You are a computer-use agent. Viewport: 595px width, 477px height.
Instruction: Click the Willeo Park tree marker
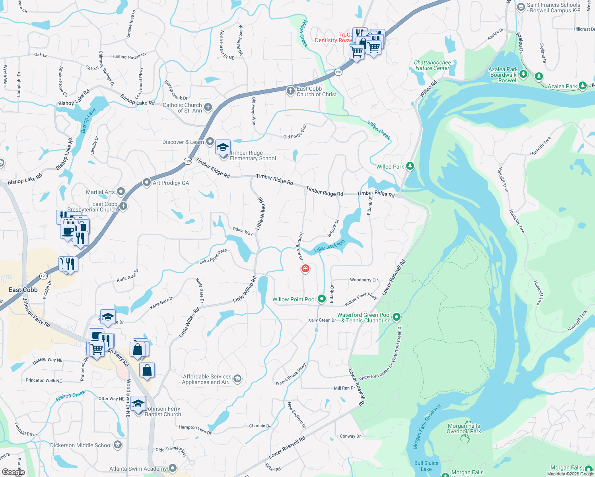pyautogui.click(x=410, y=166)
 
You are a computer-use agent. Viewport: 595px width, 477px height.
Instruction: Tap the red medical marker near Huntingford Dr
pyautogui.click(x=305, y=269)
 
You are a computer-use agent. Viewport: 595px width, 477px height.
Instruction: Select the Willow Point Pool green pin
pyautogui.click(x=322, y=299)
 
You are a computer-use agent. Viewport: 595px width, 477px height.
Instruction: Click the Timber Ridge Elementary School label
pyautogui.click(x=253, y=155)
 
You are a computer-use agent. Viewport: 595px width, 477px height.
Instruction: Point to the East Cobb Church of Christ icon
pyautogui.click(x=291, y=91)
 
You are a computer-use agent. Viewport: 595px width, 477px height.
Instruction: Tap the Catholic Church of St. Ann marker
pyautogui.click(x=208, y=107)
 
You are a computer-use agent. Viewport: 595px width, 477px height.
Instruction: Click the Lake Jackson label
pyautogui.click(x=329, y=246)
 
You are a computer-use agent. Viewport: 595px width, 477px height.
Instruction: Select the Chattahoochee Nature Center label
pyautogui.click(x=432, y=66)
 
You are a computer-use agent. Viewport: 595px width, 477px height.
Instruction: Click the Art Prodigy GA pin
pyautogui.click(x=147, y=182)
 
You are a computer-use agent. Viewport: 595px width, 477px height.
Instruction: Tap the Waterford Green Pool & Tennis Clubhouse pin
pyautogui.click(x=396, y=317)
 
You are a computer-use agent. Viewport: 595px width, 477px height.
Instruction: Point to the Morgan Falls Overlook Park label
pyautogui.click(x=464, y=429)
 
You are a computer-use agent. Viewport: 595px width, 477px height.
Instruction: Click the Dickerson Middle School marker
pyautogui.click(x=118, y=445)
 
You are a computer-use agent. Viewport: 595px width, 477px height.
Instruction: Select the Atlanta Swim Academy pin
pyautogui.click(x=172, y=468)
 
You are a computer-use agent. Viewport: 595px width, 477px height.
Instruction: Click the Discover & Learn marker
pyautogui.click(x=210, y=142)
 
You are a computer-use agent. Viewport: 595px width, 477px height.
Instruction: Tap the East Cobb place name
pyautogui.click(x=23, y=290)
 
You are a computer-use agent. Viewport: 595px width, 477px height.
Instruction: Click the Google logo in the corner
pyautogui.click(x=13, y=472)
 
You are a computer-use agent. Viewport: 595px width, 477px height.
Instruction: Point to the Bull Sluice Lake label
pyautogui.click(x=426, y=466)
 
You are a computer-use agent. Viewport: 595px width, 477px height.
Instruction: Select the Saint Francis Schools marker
pyautogui.click(x=521, y=7)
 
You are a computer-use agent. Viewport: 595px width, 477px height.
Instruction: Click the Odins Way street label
pyautogui.click(x=243, y=231)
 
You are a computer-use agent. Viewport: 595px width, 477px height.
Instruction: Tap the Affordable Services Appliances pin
pyautogui.click(x=237, y=378)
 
